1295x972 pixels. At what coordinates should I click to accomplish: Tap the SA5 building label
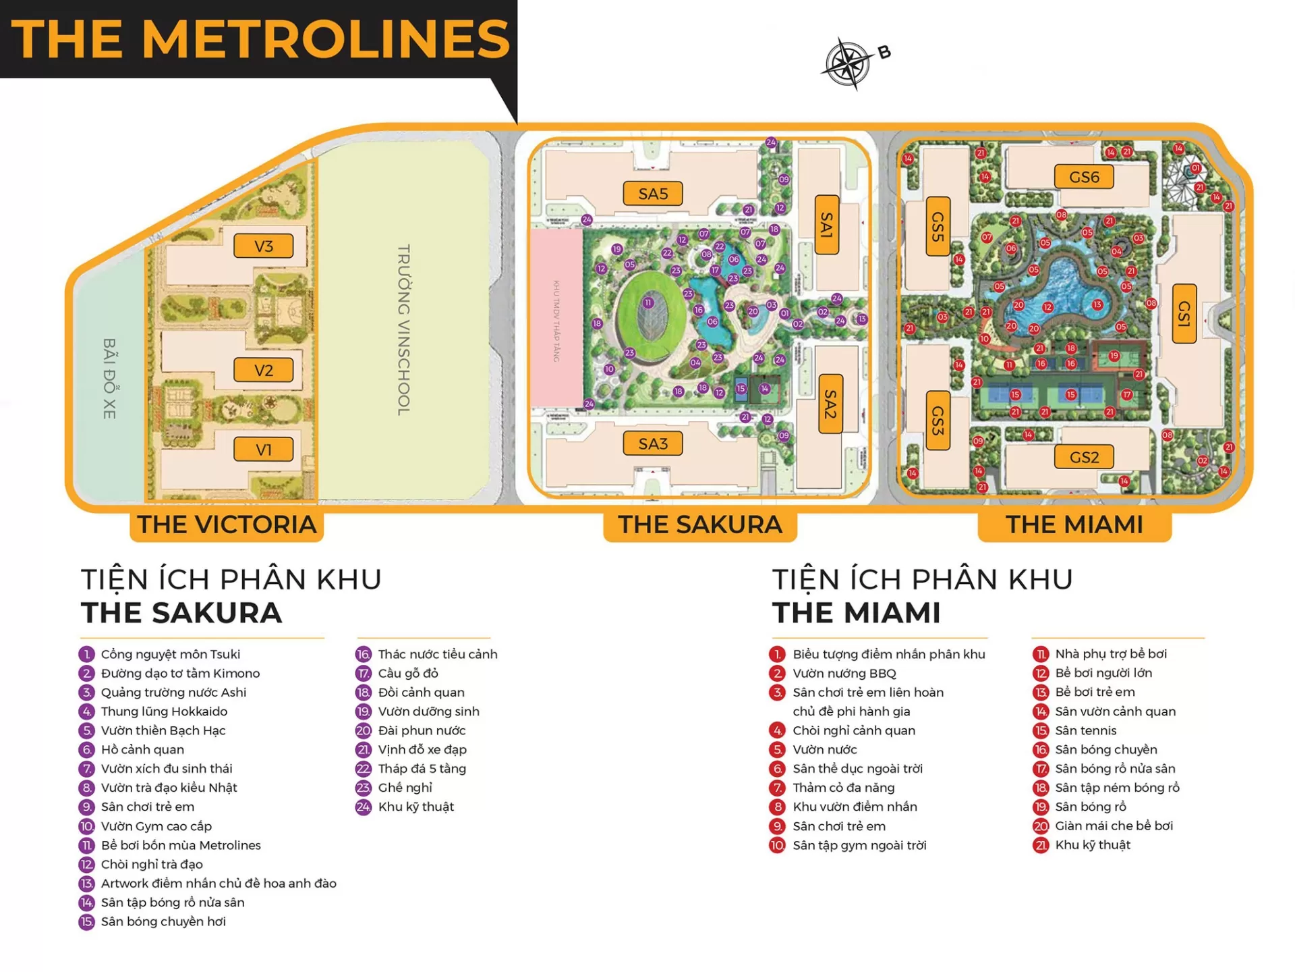coord(652,194)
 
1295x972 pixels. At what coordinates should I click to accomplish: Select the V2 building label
coord(264,370)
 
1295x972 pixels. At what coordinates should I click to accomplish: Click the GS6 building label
coord(1083,177)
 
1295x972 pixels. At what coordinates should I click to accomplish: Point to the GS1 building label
coord(1184,314)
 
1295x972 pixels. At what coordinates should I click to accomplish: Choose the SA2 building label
coord(830,405)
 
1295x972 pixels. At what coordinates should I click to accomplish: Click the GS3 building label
coord(938,420)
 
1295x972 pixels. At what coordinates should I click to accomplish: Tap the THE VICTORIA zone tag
coord(227,524)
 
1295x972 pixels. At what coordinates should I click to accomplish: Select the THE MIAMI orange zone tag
coord(1074,524)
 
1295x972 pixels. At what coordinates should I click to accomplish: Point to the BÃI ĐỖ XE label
coord(109,378)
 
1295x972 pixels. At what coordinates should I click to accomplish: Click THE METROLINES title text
coord(260,39)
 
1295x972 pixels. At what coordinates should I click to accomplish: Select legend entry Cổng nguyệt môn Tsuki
coord(170,654)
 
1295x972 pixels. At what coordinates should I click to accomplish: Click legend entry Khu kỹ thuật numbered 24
coord(415,807)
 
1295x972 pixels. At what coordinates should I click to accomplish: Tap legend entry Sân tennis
coord(1085,730)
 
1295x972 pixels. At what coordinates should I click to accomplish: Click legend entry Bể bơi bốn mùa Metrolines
coord(180,845)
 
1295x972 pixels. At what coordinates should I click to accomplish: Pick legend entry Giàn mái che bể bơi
coord(1114,826)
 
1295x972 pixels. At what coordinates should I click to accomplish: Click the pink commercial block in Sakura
coord(556,317)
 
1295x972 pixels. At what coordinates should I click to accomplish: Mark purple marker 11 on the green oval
coord(648,302)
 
